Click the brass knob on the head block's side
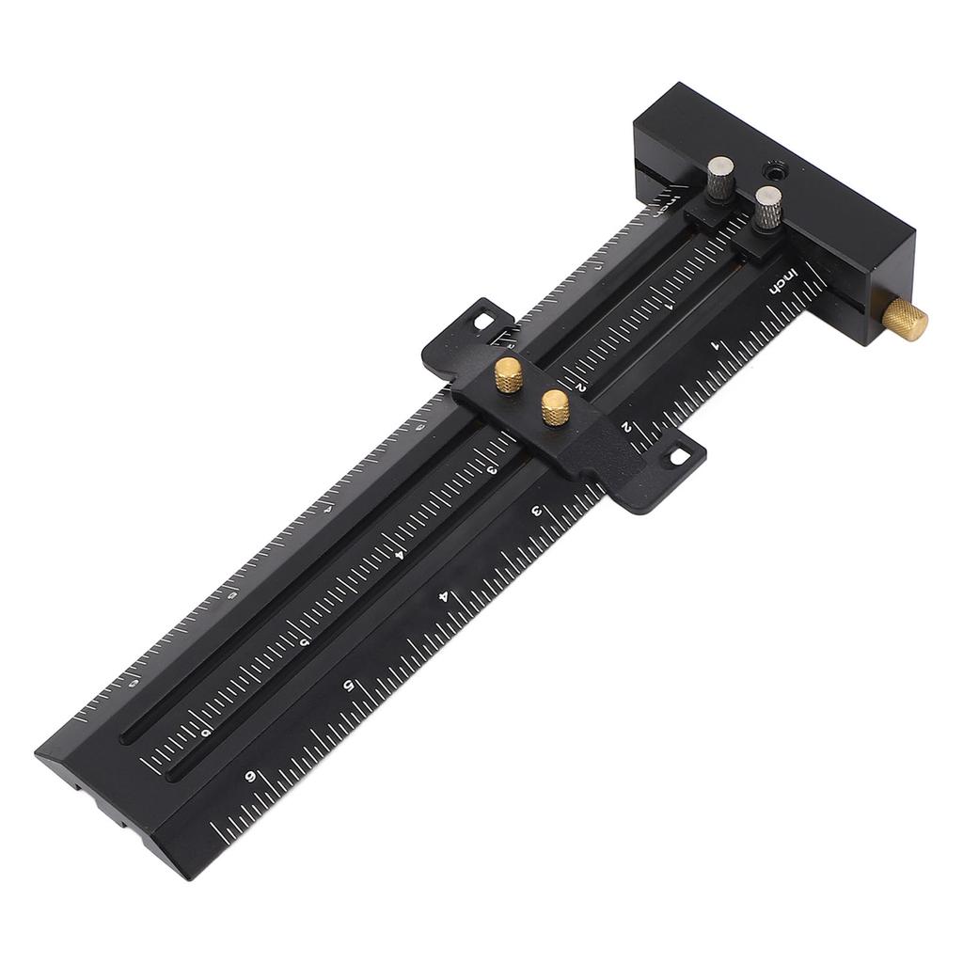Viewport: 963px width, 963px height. pyautogui.click(x=906, y=321)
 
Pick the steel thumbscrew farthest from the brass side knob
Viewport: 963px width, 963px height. pyautogui.click(x=721, y=178)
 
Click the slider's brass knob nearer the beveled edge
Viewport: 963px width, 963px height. pyautogui.click(x=509, y=373)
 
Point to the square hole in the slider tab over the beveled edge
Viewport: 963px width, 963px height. pyautogui.click(x=485, y=322)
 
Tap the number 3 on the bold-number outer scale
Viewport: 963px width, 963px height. pyautogui.click(x=536, y=513)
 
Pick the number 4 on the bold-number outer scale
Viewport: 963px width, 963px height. pyautogui.click(x=444, y=597)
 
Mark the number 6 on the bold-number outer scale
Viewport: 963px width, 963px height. pyautogui.click(x=250, y=776)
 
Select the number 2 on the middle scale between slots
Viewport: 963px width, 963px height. pyautogui.click(x=583, y=386)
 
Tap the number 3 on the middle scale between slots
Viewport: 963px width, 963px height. pyautogui.click(x=491, y=470)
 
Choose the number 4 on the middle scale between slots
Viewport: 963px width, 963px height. pyautogui.click(x=399, y=555)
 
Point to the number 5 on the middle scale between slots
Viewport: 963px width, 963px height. pyautogui.click(x=304, y=642)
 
